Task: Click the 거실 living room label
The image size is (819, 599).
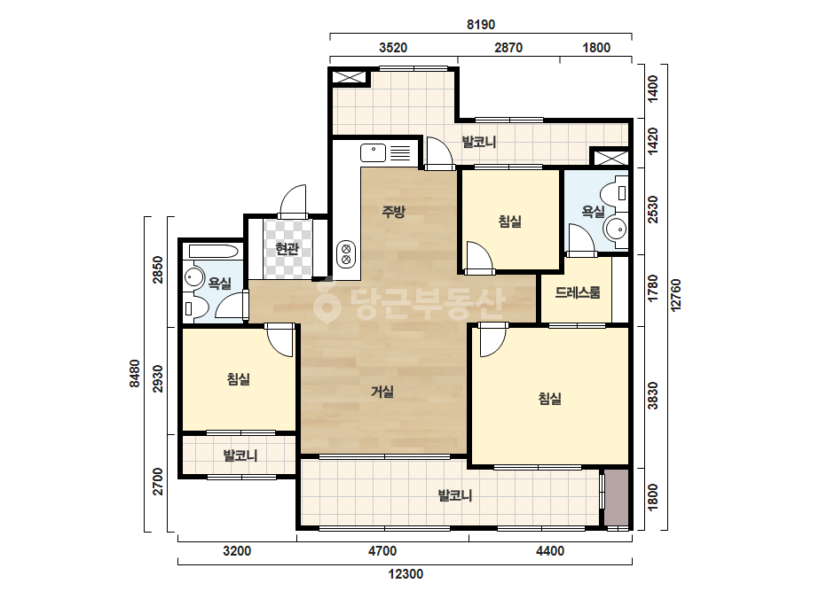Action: (x=382, y=392)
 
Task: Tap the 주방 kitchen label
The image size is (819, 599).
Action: (x=393, y=211)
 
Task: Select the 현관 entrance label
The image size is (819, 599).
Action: (x=287, y=249)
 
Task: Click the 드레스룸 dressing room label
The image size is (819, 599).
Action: (x=577, y=292)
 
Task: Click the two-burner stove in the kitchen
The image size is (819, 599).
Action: (x=346, y=253)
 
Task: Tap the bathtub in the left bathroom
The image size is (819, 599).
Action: (x=215, y=251)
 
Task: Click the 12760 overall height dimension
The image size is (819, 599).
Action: (x=676, y=295)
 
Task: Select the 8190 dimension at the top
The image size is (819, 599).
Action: (x=481, y=25)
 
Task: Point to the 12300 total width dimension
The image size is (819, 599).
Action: (x=406, y=574)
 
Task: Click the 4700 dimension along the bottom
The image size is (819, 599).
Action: (x=382, y=551)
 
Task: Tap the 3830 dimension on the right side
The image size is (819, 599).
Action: (x=652, y=395)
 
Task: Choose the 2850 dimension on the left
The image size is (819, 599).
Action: (x=157, y=269)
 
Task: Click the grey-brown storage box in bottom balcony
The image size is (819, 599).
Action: (x=617, y=498)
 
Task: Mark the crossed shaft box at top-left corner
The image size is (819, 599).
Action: (x=350, y=78)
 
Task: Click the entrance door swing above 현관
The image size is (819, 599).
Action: (x=293, y=201)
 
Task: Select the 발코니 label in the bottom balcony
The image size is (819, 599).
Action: (x=455, y=495)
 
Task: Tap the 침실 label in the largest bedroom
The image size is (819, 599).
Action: (x=550, y=399)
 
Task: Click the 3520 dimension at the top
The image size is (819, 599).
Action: (x=393, y=48)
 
